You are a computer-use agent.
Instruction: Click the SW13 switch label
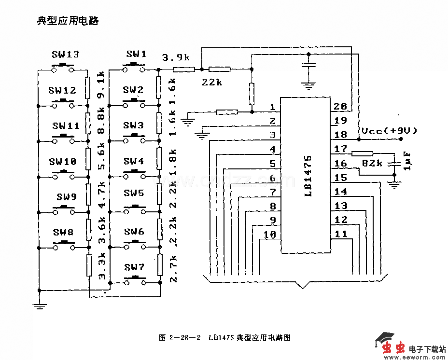pyautogui.click(x=65, y=55)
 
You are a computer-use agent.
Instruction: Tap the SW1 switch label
pyautogui.click(x=136, y=54)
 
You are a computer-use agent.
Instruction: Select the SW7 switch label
pyautogui.click(x=134, y=267)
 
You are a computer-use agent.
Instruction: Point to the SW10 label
pyautogui.click(x=63, y=162)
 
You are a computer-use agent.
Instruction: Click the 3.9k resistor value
pyautogui.click(x=176, y=58)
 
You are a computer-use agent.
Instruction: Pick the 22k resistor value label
pyautogui.click(x=211, y=83)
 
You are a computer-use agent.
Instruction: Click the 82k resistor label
pyautogui.click(x=372, y=163)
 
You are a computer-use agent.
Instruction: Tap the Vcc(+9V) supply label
pyautogui.click(x=389, y=130)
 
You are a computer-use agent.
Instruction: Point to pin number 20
pyautogui.click(x=340, y=107)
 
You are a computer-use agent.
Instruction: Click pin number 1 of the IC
pyautogui.click(x=272, y=107)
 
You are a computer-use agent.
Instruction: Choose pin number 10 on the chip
pyautogui.click(x=270, y=235)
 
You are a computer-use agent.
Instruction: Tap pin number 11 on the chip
pyautogui.click(x=340, y=235)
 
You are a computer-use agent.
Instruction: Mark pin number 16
pyautogui.click(x=340, y=164)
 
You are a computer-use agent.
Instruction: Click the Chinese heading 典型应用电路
pyautogui.click(x=68, y=21)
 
